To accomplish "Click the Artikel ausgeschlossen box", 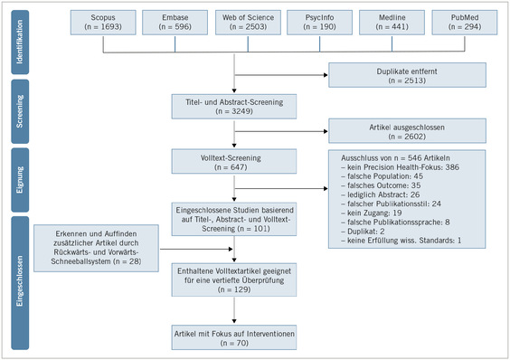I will pos(408,130).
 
